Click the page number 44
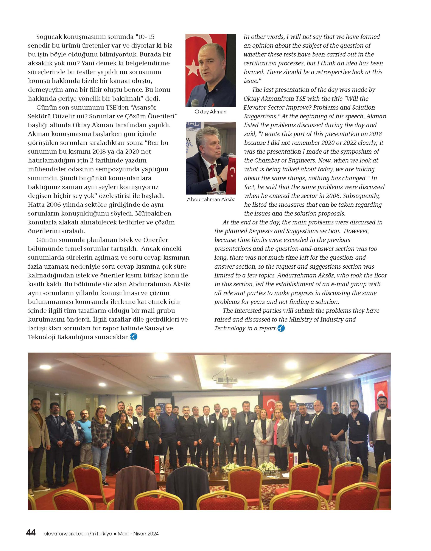[31, 533]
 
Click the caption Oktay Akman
[210, 111]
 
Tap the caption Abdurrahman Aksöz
[211, 199]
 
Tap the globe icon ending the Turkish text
[134, 337]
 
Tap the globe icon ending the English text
[281, 328]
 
